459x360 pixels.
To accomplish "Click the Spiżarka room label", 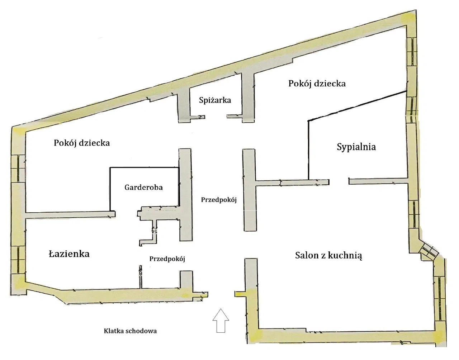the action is tap(215, 100).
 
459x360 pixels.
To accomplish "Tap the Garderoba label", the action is tap(144, 187).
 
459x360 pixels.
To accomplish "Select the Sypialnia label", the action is tap(356, 147).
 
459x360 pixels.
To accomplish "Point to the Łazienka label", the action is tap(69, 254).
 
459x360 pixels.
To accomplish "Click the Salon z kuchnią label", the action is tap(328, 256).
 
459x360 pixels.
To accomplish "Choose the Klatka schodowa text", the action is tap(130, 331).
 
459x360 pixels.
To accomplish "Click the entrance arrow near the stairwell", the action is tap(221, 321).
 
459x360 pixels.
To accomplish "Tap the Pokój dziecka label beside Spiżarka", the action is tap(317, 84).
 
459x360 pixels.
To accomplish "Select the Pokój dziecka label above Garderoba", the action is tap(82, 143).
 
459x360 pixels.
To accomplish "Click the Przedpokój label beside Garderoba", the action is tap(219, 200).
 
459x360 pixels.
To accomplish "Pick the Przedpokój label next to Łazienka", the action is tap(167, 259).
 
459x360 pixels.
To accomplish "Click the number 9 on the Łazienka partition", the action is tap(141, 273).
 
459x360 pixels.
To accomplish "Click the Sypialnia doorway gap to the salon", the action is tap(339, 182).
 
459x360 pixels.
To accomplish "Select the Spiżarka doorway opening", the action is tap(216, 117).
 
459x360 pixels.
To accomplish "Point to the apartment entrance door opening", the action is tap(221, 294).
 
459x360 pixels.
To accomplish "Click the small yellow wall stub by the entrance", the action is tap(240, 294).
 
